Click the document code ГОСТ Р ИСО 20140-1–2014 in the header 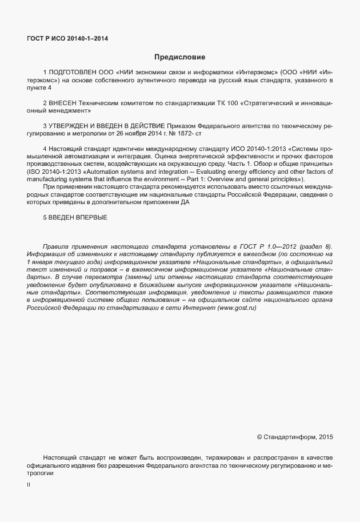coord(67,39)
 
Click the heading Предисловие coord(179,57)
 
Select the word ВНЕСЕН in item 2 coord(65,103)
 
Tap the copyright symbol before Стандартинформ coord(259,437)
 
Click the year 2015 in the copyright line coord(325,437)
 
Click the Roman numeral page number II coord(29,485)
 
